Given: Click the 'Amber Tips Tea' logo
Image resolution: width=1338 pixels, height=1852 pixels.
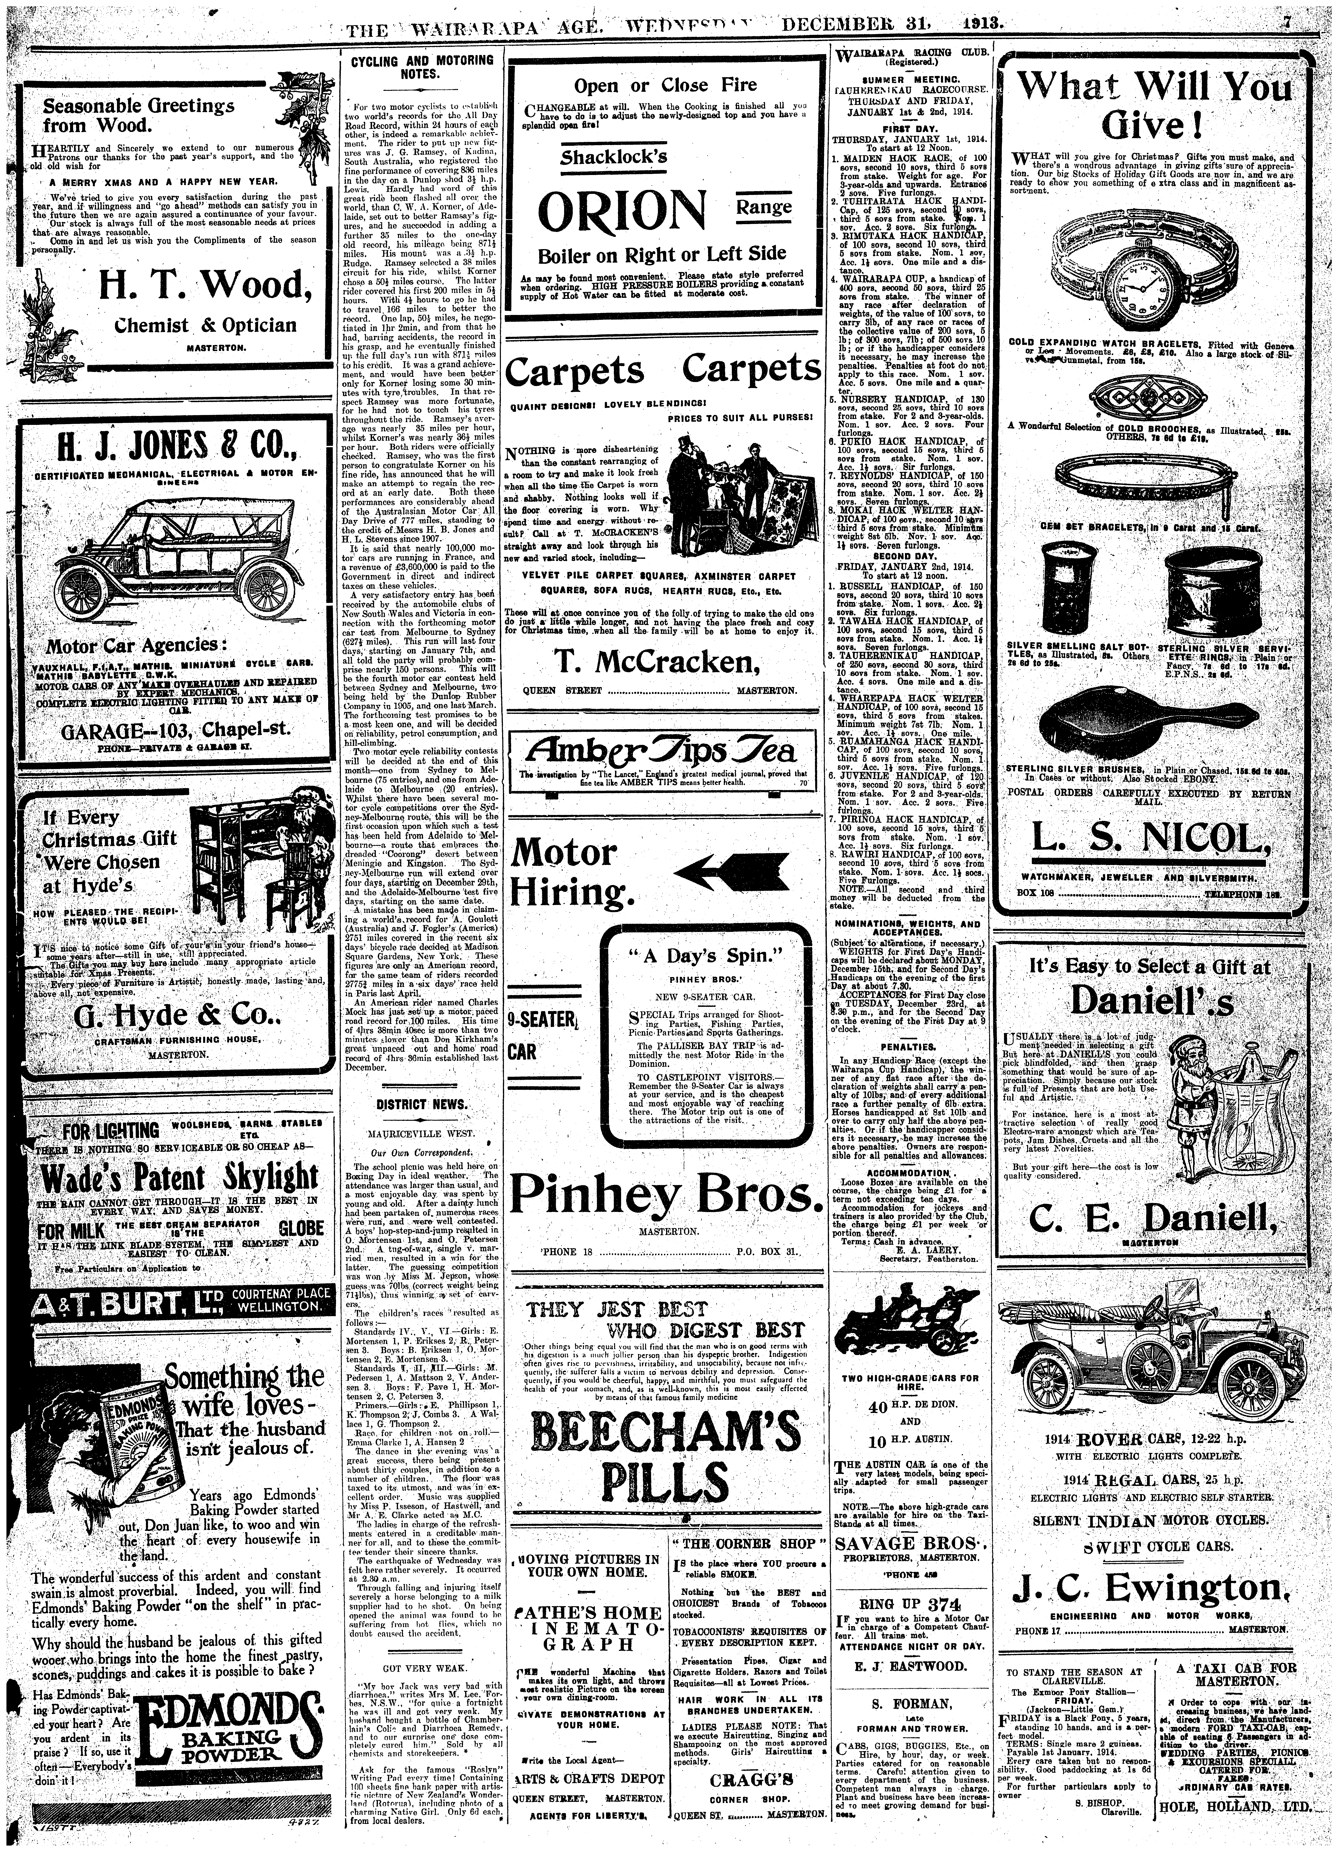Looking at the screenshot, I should [x=662, y=751].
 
